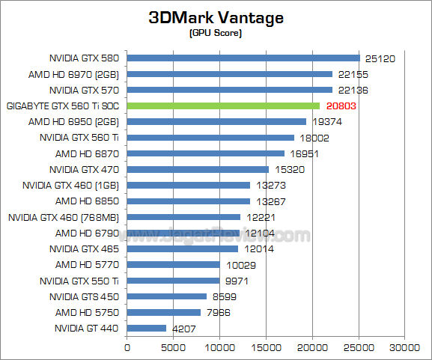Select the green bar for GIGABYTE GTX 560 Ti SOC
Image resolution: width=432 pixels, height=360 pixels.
point(223,106)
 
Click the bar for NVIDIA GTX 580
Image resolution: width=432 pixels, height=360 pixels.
point(243,58)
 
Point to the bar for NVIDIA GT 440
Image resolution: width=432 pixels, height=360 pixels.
point(147,328)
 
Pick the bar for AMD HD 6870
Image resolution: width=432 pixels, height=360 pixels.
point(206,153)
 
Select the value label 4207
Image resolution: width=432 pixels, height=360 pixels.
point(184,328)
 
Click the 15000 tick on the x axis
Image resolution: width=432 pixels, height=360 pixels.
point(266,347)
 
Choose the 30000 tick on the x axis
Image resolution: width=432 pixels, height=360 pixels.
point(405,347)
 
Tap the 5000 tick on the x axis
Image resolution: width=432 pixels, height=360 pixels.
point(173,347)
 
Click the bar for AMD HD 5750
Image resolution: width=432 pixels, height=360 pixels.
point(164,312)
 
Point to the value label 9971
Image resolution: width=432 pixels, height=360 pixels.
point(237,281)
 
